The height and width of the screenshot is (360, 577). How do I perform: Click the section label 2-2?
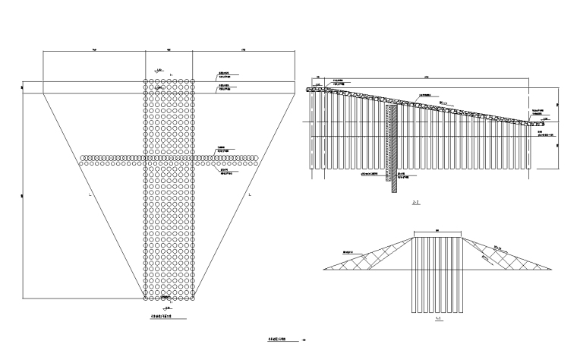pyautogui.click(x=415, y=203)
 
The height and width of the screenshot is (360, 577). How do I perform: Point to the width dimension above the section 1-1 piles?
pyautogui.click(x=437, y=231)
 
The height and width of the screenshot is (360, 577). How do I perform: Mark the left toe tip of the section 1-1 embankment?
pyautogui.click(x=324, y=267)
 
